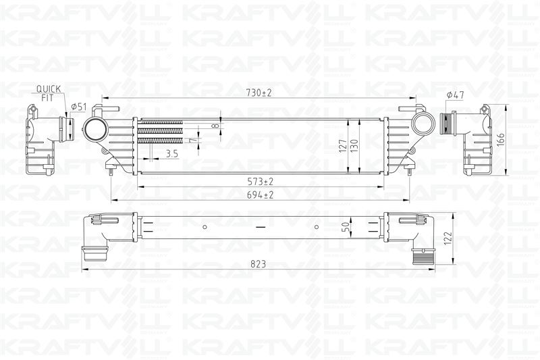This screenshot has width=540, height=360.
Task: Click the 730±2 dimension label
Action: click(258, 92)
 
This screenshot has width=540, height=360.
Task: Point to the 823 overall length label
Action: click(257, 264)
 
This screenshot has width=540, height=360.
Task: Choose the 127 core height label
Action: click(343, 145)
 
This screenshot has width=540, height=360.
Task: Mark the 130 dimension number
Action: click(354, 145)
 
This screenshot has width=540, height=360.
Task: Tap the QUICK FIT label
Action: click(48, 93)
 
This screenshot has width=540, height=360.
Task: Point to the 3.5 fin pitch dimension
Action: click(171, 154)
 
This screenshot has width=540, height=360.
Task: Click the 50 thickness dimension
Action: click(345, 228)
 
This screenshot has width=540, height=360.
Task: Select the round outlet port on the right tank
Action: click(425, 124)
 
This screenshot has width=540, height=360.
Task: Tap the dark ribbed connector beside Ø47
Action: click(446, 124)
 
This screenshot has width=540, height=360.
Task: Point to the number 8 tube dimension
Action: click(215, 126)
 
